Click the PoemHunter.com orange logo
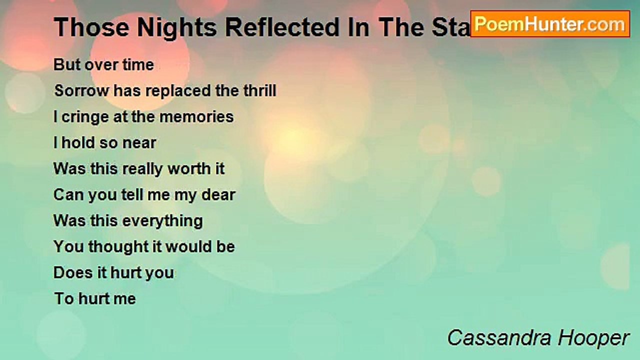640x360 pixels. pyautogui.click(x=550, y=24)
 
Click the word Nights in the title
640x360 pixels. pyautogui.click(x=176, y=28)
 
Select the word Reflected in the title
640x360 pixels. pyautogui.click(x=282, y=27)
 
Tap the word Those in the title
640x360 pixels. pyautogui.click(x=91, y=27)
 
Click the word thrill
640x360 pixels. pyautogui.click(x=259, y=90)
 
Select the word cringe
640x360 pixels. pyautogui.click(x=85, y=117)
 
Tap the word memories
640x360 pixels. pyautogui.click(x=196, y=117)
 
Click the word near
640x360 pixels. pyautogui.click(x=139, y=143)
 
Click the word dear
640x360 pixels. pyautogui.click(x=218, y=195)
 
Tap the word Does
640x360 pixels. pyautogui.click(x=73, y=273)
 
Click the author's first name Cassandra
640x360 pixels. pyautogui.click(x=499, y=338)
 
